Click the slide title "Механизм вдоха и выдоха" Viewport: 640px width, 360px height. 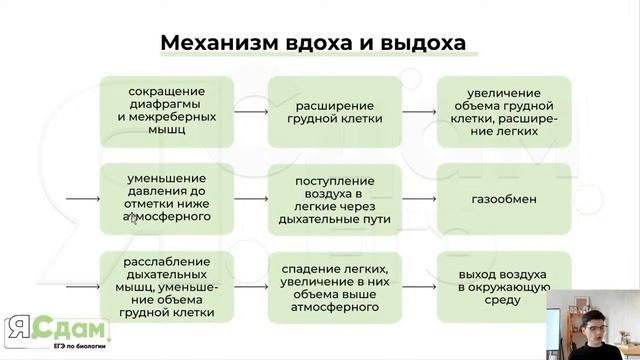click(313, 44)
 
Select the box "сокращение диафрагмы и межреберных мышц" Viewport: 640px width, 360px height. click(168, 110)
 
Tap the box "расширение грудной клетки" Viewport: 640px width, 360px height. click(335, 110)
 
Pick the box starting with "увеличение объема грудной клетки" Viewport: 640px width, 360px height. click(504, 110)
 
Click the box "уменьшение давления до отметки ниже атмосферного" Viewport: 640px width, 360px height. click(168, 197)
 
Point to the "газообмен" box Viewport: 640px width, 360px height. click(504, 198)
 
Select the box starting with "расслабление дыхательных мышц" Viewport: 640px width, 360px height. click(168, 285)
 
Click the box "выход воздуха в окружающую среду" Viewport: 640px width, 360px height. click(504, 286)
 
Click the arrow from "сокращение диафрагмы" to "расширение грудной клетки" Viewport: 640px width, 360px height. click(251, 111)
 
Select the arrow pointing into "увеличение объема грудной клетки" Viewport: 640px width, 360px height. click(419, 111)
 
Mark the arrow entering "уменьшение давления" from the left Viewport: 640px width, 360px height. click(82, 198)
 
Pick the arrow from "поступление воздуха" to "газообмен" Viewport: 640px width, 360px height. click(419, 198)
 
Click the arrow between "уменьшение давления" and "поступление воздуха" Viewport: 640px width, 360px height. click(251, 198)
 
